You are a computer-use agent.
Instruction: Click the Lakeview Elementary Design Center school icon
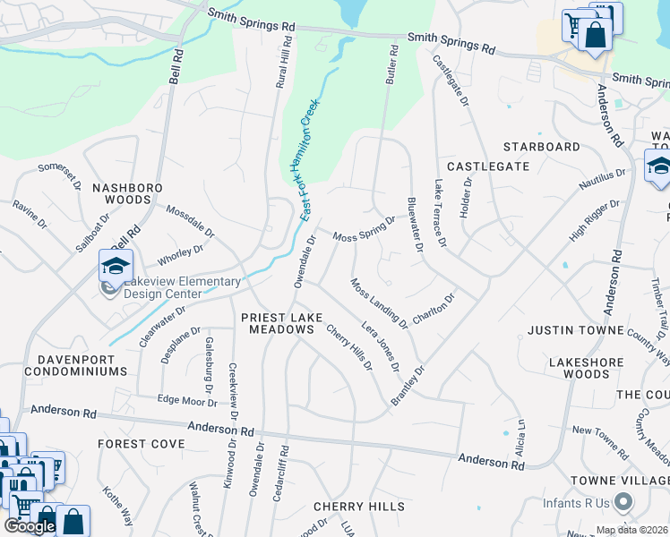[x=116, y=266]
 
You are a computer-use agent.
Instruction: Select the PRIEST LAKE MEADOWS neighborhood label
[x=278, y=323]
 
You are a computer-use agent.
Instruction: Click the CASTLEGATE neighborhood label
[x=488, y=166]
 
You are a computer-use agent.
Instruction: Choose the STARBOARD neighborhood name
[x=541, y=146]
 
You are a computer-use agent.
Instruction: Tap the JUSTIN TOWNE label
[x=575, y=330]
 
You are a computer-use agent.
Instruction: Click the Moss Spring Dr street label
[x=364, y=229]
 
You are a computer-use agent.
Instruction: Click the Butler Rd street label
[x=391, y=65]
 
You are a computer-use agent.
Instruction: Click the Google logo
[x=30, y=526]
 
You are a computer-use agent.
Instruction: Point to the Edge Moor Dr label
[x=187, y=401]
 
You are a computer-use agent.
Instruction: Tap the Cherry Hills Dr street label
[x=349, y=347]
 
